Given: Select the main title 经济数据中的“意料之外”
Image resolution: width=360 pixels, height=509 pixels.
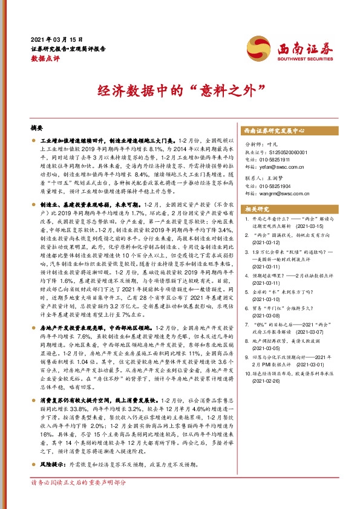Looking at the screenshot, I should tap(179, 91).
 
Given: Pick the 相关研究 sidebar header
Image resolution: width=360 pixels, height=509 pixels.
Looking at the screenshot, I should tap(258, 209).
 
